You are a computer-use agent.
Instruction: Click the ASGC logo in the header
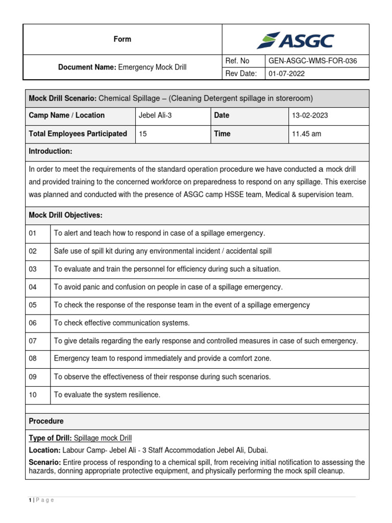click(296, 40)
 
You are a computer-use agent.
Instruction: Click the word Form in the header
click(122, 39)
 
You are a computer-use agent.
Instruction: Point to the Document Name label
click(87, 67)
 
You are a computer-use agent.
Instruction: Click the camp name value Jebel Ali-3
click(155, 115)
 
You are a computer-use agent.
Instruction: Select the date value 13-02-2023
click(310, 115)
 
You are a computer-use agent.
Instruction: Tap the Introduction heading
click(51, 152)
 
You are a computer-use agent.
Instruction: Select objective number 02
click(33, 251)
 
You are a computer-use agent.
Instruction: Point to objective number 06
click(33, 323)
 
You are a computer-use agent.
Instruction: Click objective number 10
click(33, 394)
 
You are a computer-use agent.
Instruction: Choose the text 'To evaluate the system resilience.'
click(107, 394)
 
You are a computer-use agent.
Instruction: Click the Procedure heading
click(46, 421)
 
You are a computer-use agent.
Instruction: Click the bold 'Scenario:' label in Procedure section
click(45, 463)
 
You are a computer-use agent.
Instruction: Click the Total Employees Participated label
click(78, 134)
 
